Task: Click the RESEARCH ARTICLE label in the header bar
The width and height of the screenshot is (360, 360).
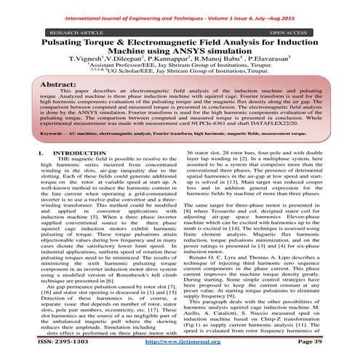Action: click(x=62, y=33)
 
